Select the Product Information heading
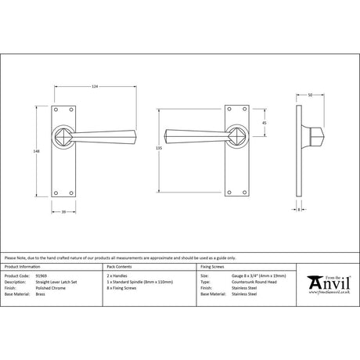pos(23,267)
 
